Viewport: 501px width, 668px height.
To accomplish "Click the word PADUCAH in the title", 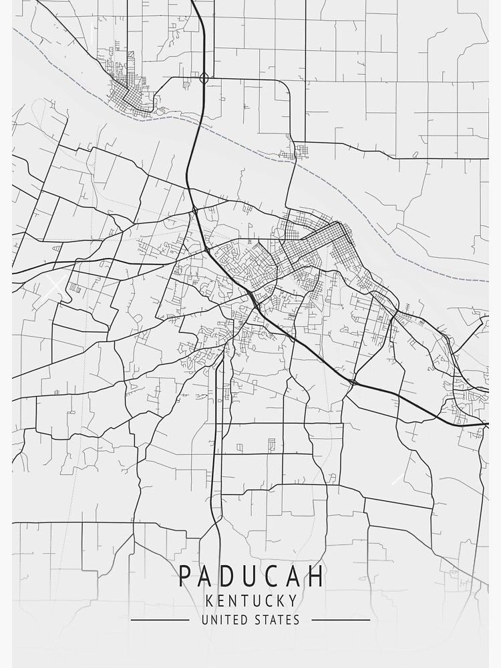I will click(251, 576).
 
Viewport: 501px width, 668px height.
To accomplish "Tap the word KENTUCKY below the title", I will click(251, 600).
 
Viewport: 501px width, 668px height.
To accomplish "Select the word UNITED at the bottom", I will click(224, 620).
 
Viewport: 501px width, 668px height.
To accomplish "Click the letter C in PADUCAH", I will click(274, 576).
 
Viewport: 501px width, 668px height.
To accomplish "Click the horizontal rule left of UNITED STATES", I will click(160, 620).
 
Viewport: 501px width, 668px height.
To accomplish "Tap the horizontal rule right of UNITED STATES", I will click(341, 620).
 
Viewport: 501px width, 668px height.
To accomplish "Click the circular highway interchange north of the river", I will click(204, 78).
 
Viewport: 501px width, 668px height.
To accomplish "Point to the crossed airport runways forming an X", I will click(55, 285).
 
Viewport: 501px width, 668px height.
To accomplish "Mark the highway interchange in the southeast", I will click(352, 381).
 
